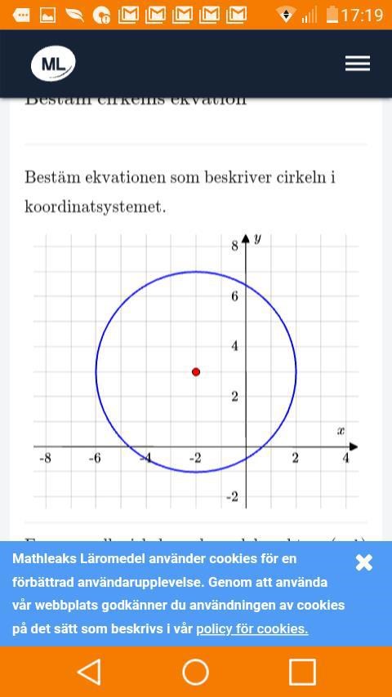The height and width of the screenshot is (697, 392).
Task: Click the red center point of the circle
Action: (196, 371)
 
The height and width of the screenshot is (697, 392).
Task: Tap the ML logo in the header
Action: (53, 64)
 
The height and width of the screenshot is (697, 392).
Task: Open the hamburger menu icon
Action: (357, 64)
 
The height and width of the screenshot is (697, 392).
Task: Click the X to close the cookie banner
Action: (364, 562)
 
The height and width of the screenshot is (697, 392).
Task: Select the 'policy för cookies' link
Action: (252, 628)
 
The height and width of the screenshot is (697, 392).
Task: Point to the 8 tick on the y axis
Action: (234, 245)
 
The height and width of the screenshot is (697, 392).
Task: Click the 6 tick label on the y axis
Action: (234, 295)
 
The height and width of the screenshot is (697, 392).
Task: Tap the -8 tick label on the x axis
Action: (45, 459)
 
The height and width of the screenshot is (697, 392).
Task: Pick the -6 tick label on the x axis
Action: (95, 459)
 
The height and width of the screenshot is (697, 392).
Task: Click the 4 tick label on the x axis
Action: (345, 459)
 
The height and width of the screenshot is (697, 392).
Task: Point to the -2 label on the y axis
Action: (232, 497)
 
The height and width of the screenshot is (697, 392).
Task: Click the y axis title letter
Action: (257, 238)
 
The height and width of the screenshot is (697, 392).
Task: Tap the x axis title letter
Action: (341, 430)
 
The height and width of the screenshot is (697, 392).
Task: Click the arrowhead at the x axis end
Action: (353, 446)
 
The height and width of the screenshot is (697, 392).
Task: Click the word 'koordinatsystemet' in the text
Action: (95, 206)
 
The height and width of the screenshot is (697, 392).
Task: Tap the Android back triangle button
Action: (88, 672)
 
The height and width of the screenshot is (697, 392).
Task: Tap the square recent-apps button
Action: (302, 672)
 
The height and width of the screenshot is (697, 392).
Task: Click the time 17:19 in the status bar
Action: (363, 15)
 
